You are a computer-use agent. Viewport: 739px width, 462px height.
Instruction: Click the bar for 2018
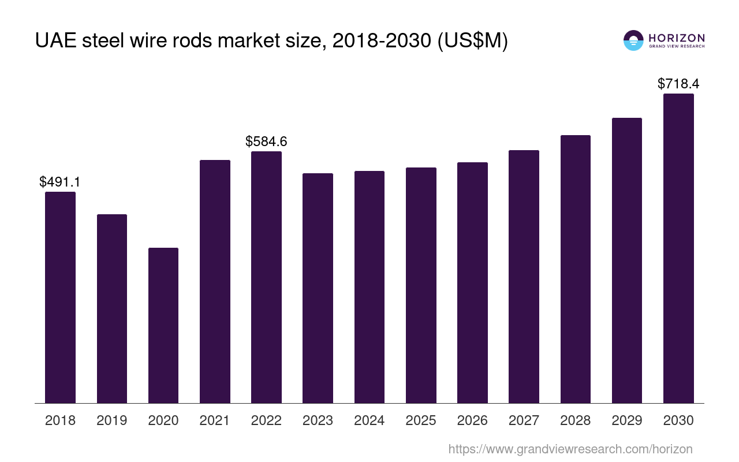(60, 297)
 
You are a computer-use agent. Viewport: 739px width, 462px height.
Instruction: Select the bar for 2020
(163, 325)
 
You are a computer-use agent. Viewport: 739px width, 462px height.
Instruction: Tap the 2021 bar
(215, 281)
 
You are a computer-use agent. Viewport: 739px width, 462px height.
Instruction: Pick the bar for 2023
(318, 288)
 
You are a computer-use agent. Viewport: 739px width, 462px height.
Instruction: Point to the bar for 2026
(472, 282)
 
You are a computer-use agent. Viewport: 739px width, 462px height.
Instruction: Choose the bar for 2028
(575, 269)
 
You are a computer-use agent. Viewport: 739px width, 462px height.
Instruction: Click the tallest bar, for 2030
(678, 248)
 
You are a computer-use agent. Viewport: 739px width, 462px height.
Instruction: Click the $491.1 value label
(60, 182)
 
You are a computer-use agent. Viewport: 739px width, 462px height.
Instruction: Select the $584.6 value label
(266, 141)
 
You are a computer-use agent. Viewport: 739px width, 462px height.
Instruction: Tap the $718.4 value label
(678, 84)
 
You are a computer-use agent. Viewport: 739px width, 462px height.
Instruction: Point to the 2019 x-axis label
(111, 420)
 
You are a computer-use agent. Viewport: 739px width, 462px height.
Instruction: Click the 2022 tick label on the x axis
(266, 420)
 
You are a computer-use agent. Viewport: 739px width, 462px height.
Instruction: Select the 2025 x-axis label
(421, 420)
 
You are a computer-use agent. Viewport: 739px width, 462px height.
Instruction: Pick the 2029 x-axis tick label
(627, 420)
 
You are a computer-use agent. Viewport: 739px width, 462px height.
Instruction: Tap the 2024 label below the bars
(369, 420)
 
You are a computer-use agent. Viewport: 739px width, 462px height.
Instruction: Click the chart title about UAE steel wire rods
(271, 41)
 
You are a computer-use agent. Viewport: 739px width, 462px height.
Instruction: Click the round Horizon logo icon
(633, 40)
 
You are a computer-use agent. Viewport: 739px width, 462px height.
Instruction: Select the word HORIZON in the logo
(677, 38)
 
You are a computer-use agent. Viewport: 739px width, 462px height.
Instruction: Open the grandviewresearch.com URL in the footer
(570, 449)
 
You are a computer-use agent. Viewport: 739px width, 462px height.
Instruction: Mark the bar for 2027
(524, 277)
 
